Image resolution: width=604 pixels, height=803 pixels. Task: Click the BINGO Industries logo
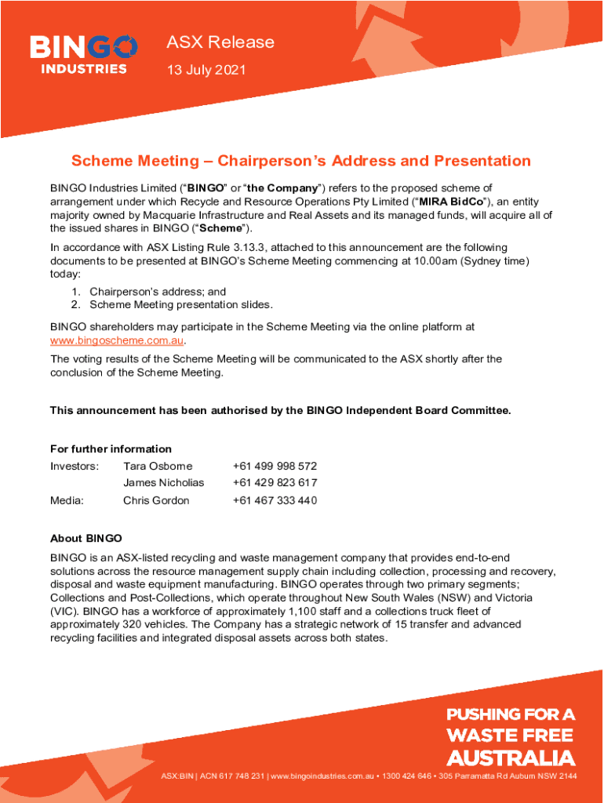click(84, 54)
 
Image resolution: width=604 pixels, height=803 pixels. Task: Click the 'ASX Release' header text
click(220, 42)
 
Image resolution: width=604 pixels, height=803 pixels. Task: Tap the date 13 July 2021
click(206, 71)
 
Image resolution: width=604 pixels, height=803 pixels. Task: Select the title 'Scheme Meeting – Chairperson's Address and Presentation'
click(301, 161)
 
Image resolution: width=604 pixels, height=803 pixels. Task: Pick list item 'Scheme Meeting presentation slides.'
click(181, 304)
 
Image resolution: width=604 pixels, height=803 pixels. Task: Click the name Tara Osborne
click(158, 466)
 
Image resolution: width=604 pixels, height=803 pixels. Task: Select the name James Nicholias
click(163, 483)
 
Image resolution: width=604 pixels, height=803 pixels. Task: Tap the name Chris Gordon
click(156, 500)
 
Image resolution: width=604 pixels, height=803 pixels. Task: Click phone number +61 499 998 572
click(275, 466)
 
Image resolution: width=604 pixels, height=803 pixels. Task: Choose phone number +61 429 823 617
click(275, 483)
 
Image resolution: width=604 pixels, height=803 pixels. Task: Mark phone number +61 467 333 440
click(275, 500)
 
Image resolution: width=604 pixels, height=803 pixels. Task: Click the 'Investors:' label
click(75, 466)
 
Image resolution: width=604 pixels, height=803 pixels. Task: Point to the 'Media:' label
click(67, 500)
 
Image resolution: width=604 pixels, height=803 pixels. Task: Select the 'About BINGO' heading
click(86, 538)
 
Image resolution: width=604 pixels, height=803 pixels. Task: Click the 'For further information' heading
click(111, 449)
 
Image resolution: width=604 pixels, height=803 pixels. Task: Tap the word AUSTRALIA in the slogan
click(510, 758)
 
